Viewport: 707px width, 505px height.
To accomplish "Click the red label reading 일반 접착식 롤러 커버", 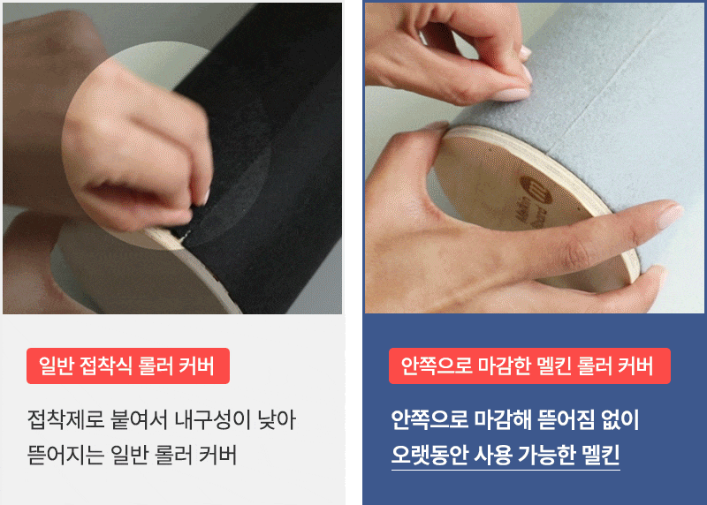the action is pyautogui.click(x=128, y=366).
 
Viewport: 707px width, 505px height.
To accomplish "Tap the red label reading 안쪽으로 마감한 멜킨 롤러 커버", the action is pyautogui.click(x=529, y=366).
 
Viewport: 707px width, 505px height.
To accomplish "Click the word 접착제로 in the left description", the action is pyautogui.click(x=65, y=420).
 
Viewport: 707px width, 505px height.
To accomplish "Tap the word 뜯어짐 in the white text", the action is pyautogui.click(x=566, y=420).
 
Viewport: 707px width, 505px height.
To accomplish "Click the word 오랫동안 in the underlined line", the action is pyautogui.click(x=429, y=455).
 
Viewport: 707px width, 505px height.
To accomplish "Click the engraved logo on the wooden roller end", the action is pyautogui.click(x=536, y=189).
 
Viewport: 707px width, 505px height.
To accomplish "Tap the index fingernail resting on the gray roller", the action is pyautogui.click(x=669, y=215).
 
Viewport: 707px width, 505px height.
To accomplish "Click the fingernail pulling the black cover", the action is pyautogui.click(x=205, y=197).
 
